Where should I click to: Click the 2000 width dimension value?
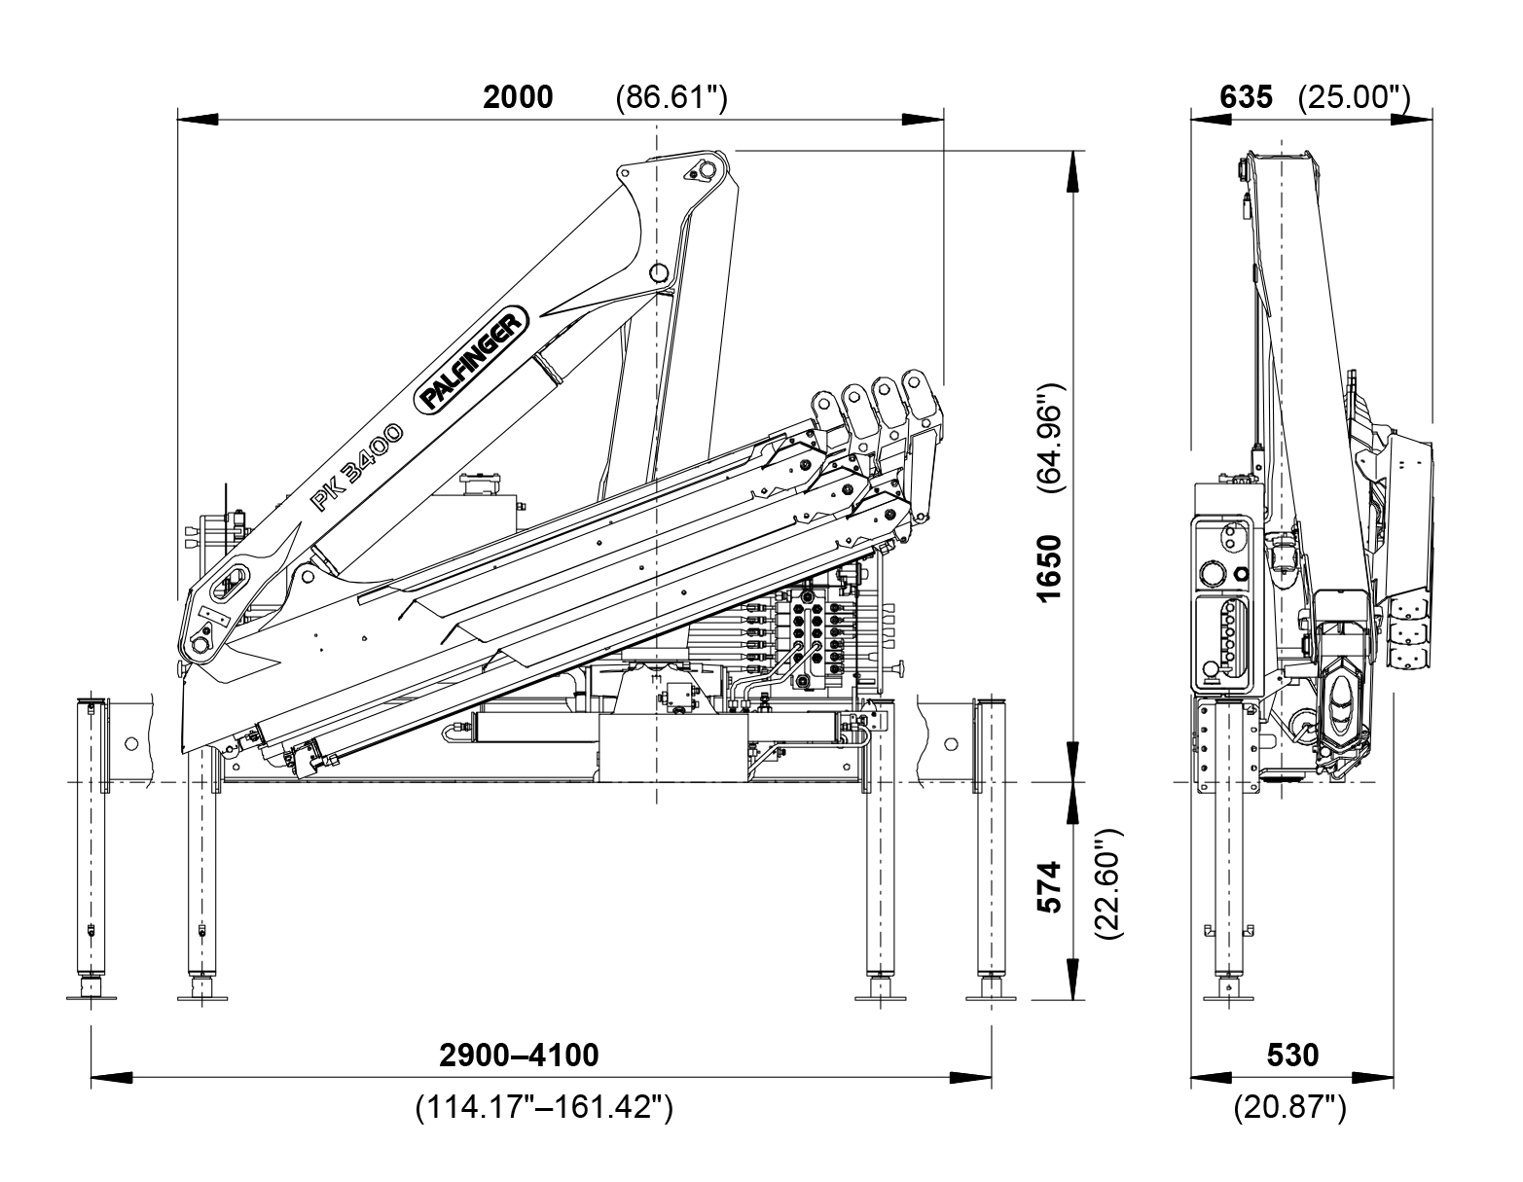(x=518, y=97)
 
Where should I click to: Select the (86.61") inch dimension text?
(x=671, y=97)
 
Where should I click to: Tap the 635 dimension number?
(x=1245, y=97)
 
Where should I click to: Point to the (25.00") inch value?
(x=1355, y=97)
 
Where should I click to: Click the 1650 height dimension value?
(x=1048, y=567)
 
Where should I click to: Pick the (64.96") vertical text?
(x=1048, y=439)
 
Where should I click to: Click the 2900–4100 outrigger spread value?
(x=519, y=1055)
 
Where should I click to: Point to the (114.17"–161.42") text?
(x=544, y=1107)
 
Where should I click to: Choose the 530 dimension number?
(x=1293, y=1055)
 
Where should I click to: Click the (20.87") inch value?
(x=1289, y=1107)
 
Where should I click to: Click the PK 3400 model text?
(x=356, y=466)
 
